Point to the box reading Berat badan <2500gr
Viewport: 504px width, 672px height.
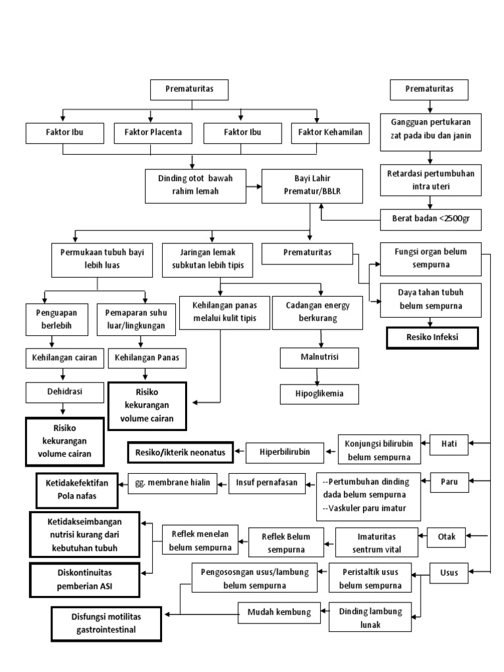click(x=431, y=219)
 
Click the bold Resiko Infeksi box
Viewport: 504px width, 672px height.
click(x=432, y=338)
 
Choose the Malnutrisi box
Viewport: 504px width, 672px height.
click(x=320, y=358)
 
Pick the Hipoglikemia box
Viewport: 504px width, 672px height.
click(x=320, y=394)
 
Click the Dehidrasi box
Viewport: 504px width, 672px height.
click(x=64, y=393)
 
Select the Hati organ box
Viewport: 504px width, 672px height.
click(x=450, y=444)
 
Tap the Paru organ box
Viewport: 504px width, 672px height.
click(x=450, y=482)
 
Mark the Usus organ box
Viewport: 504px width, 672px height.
click(x=449, y=573)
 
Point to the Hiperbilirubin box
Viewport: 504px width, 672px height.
click(x=284, y=451)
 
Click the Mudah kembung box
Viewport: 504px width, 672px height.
click(x=279, y=612)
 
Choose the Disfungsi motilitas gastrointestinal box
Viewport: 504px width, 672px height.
click(x=106, y=623)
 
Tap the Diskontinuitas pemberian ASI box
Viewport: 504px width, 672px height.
click(x=85, y=580)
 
